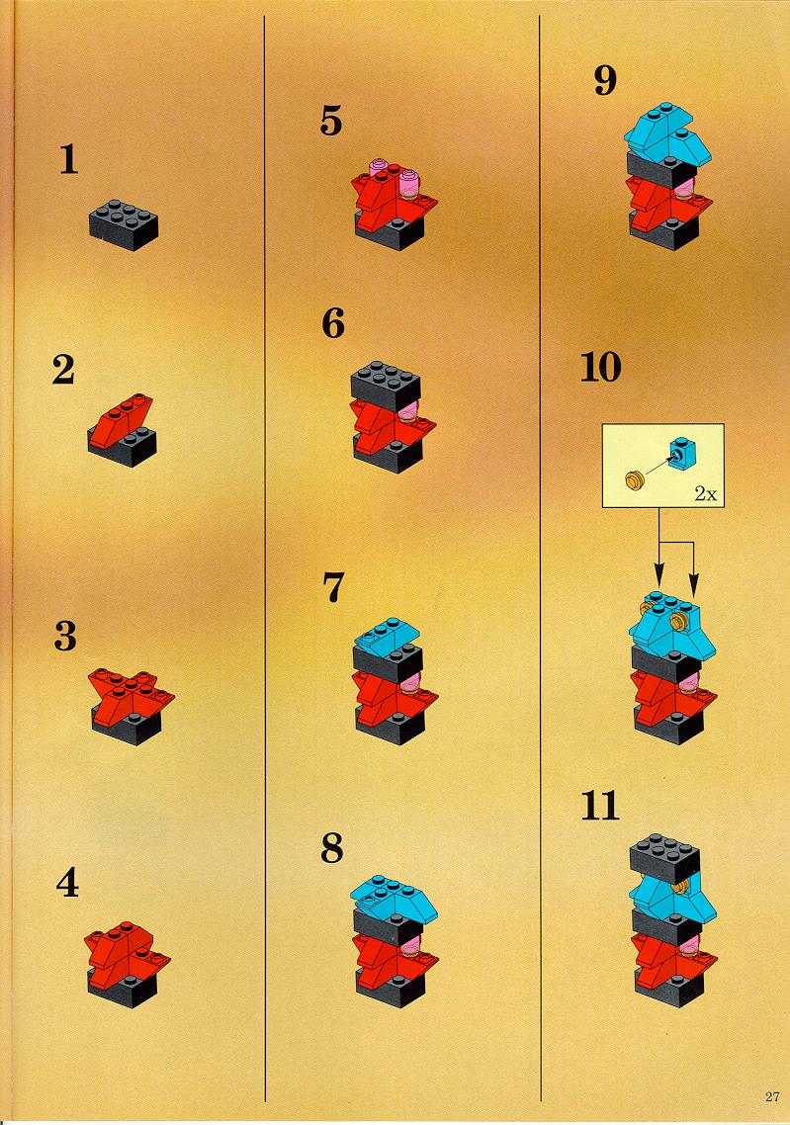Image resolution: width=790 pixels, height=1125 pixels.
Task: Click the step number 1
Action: click(x=69, y=159)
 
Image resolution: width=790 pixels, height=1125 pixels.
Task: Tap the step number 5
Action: click(x=331, y=121)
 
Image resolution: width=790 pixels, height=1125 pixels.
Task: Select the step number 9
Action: click(x=605, y=80)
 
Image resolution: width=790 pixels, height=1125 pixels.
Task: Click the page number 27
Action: click(x=772, y=1096)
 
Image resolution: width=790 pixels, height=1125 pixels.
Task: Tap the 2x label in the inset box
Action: click(x=705, y=494)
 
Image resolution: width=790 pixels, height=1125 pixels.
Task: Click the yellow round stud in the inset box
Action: click(x=634, y=480)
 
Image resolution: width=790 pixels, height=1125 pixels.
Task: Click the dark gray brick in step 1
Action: click(x=124, y=224)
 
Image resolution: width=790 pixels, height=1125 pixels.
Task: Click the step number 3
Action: click(x=65, y=636)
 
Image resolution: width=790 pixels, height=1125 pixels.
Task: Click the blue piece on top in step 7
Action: click(x=389, y=634)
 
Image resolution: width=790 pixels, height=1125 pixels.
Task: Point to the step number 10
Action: click(x=600, y=368)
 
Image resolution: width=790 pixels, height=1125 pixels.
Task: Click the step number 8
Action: click(x=332, y=848)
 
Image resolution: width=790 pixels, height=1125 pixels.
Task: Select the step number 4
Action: click(x=67, y=883)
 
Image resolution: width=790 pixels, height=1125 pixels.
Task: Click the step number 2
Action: click(x=63, y=370)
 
